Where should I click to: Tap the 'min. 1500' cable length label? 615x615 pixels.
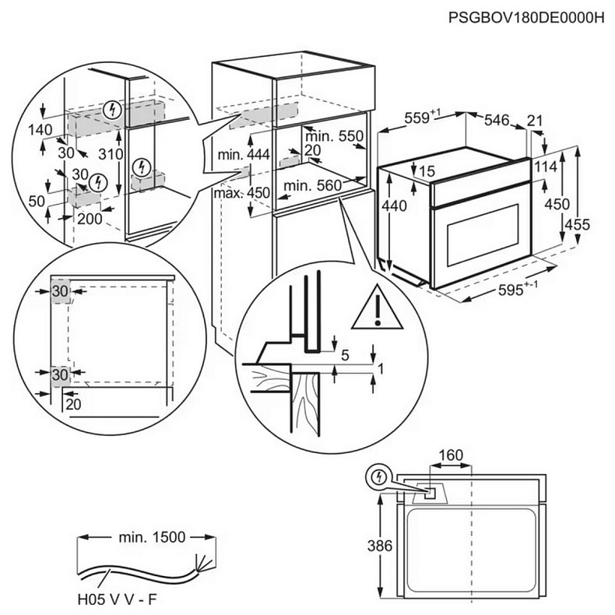147,537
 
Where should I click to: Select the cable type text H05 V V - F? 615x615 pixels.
118,600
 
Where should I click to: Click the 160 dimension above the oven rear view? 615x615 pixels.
450,455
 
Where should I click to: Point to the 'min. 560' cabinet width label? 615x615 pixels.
313,185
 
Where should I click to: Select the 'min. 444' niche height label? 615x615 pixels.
244,155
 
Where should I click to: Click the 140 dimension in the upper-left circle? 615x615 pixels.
39,129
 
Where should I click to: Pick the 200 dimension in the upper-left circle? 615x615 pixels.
90,219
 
